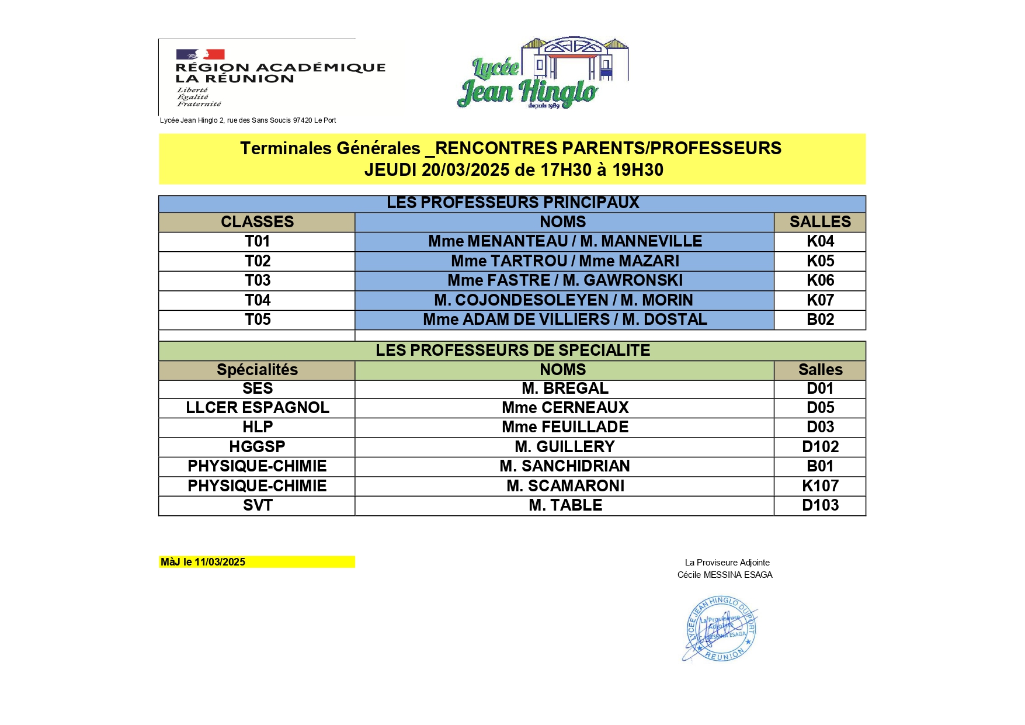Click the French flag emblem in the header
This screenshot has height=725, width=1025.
200,54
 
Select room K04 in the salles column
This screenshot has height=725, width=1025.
820,241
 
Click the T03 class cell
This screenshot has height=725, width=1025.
257,280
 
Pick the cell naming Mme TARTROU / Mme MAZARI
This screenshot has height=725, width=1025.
565,261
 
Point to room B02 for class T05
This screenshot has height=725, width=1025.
820,320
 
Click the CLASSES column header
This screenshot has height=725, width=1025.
257,222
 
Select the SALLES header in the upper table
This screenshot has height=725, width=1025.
820,222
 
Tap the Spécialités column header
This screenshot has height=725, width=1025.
257,370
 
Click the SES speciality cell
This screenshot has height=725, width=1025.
257,388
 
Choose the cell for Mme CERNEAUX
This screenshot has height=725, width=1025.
565,408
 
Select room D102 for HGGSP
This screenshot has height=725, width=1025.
820,447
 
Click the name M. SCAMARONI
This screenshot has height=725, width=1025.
565,486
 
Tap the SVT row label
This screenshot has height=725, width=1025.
257,505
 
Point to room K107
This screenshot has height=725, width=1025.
820,486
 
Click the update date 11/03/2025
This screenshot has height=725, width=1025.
220,562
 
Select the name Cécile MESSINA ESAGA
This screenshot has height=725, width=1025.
725,575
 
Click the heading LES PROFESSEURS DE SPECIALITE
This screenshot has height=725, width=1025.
512,351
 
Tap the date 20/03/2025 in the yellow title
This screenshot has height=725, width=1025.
465,170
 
